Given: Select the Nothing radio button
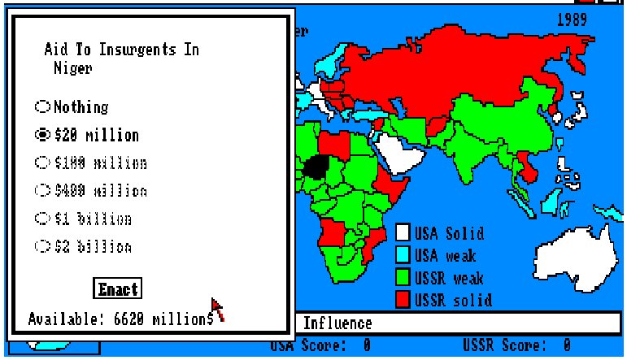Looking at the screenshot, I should pos(41,106).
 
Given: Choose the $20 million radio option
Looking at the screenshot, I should pos(41,135).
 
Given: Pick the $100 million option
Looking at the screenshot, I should pos(41,163).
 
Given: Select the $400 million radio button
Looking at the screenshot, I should pos(41,190).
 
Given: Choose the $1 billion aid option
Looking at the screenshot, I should pos(41,219).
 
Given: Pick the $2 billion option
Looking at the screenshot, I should pos(41,245).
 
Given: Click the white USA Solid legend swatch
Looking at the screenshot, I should pos(403,233).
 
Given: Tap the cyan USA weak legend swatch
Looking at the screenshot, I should pos(403,255).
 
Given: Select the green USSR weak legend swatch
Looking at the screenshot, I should pos(403,277).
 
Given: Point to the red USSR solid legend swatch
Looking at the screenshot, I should pos(403,299).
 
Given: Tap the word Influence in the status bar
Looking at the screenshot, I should pos(337,323).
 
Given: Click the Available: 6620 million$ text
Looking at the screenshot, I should pos(120,318).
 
